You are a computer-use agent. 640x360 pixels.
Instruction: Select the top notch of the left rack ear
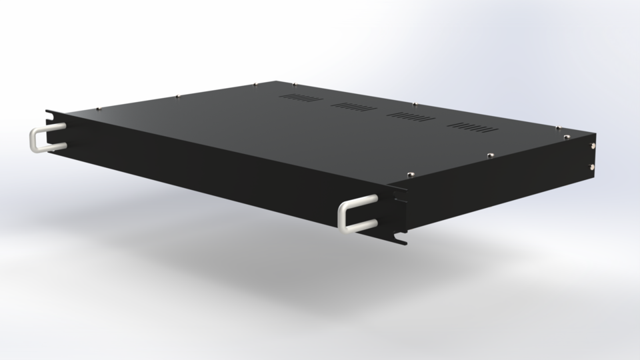(50, 111)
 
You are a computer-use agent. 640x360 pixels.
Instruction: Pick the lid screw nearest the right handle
(412, 175)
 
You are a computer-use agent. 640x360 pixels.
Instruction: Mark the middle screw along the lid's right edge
(490, 155)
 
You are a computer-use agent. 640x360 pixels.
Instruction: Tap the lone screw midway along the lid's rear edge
(415, 104)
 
